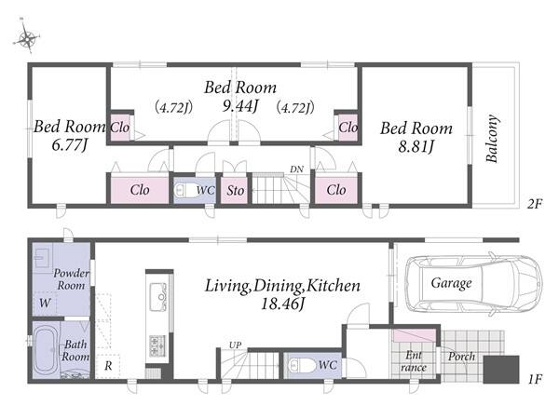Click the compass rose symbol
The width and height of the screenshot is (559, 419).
(x=27, y=37)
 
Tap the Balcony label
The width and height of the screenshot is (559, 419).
(x=492, y=139)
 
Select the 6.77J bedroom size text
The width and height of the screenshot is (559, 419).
(x=70, y=145)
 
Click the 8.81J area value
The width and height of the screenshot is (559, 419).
(x=416, y=146)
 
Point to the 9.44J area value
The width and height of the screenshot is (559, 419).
(x=239, y=105)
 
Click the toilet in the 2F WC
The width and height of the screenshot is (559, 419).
(x=184, y=191)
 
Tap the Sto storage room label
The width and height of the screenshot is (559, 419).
(x=236, y=191)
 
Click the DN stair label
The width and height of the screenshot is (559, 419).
(x=296, y=169)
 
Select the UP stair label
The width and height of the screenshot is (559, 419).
(x=235, y=345)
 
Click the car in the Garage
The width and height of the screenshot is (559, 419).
(x=474, y=283)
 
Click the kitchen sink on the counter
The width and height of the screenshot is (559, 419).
(x=158, y=296)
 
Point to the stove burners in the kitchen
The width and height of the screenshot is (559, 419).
(x=157, y=345)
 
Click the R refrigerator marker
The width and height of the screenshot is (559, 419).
(x=108, y=365)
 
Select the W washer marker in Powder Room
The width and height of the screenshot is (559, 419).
(x=45, y=303)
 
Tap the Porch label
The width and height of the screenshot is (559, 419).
(x=462, y=357)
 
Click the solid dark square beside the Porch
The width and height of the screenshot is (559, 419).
(x=501, y=370)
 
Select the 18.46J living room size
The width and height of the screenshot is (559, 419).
(x=282, y=304)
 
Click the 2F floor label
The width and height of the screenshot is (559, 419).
(x=535, y=204)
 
